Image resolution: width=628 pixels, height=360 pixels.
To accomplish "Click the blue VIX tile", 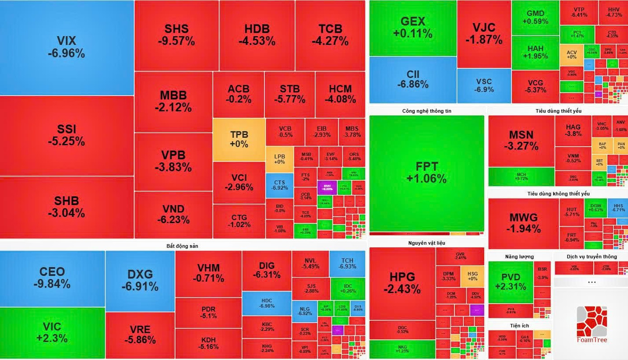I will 66,47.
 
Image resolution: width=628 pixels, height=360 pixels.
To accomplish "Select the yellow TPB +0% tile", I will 239,140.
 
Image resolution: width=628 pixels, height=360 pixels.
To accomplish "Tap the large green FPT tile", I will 426,172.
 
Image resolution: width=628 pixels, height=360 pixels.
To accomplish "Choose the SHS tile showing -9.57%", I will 176,35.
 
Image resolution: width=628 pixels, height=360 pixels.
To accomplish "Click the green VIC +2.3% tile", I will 52,332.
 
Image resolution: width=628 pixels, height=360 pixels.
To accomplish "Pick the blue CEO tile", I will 52,278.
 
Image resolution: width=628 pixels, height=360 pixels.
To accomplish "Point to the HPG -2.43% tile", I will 402,283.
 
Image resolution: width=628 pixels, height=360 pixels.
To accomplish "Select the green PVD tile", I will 511,281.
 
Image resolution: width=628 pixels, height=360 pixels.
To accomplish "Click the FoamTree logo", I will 591,324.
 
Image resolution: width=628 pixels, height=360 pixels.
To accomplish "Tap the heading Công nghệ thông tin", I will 426,111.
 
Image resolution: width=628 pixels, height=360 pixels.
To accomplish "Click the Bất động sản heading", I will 182,246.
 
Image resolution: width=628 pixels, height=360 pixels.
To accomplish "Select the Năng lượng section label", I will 519,257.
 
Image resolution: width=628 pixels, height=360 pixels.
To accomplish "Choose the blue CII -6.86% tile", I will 412,79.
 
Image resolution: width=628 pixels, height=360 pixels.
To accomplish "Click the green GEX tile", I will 412,28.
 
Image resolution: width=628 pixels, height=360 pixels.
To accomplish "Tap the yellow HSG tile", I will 472,276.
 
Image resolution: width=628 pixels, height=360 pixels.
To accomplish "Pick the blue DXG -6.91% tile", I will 140,280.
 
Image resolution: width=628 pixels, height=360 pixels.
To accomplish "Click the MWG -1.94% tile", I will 523,223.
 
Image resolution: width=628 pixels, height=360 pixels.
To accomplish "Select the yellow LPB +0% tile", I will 279,159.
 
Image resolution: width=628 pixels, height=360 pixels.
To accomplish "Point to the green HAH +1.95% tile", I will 535,52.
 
